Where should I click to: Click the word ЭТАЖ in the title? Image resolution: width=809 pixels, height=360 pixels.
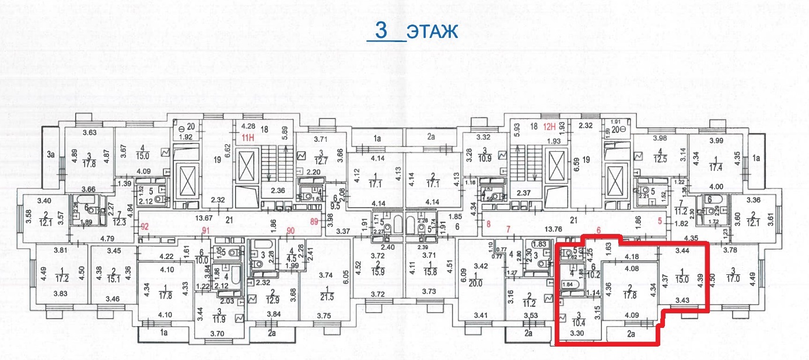coord(432,32)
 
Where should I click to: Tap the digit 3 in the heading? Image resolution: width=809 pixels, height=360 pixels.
coord(381,30)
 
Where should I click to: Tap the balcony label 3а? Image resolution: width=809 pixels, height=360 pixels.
coord(51,155)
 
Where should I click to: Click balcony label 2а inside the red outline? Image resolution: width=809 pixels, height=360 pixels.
coord(631,334)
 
